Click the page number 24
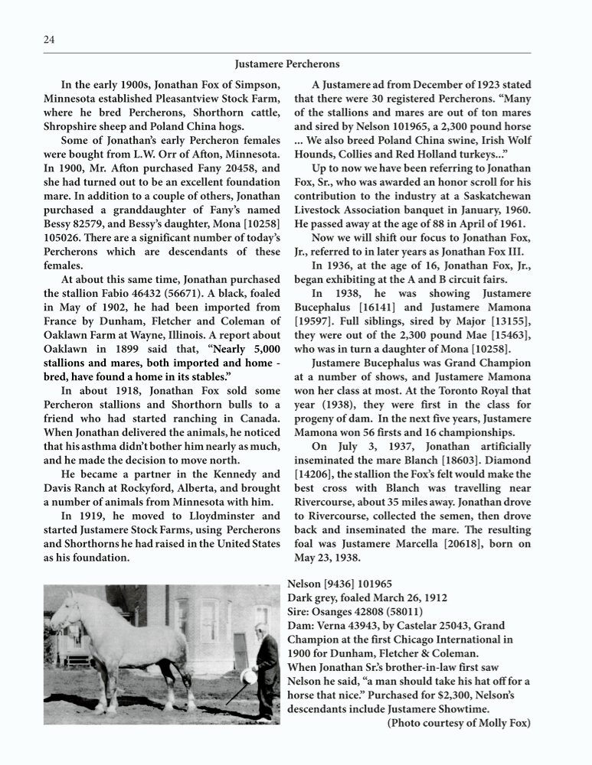[x=49, y=40]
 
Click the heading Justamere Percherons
[x=287, y=63]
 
